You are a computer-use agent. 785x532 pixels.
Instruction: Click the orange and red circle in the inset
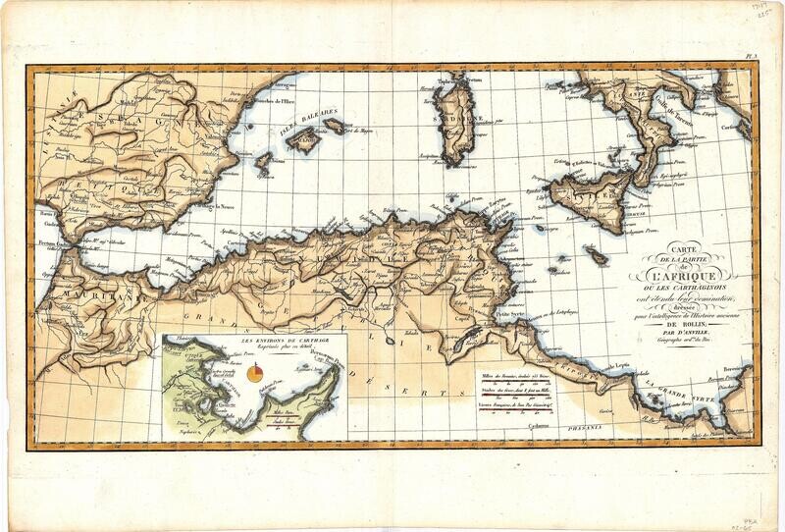[255, 372]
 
